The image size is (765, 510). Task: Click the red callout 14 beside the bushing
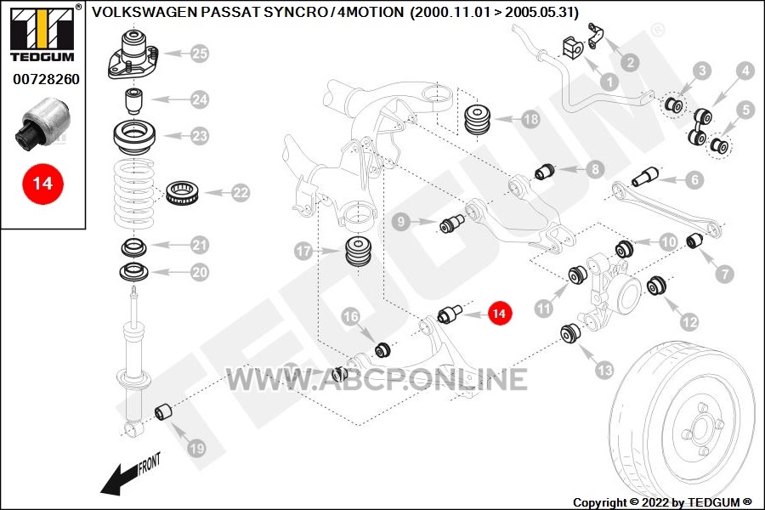(499, 313)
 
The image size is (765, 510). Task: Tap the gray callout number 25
(200, 54)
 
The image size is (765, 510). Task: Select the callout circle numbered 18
(530, 119)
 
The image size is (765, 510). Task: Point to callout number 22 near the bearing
(241, 193)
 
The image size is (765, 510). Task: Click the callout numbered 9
(401, 222)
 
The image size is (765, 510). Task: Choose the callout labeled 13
(604, 371)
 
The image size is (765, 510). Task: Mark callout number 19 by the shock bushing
(196, 448)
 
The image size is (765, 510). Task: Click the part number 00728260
(47, 79)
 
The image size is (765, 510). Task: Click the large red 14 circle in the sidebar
(42, 184)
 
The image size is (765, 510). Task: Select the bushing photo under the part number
(43, 122)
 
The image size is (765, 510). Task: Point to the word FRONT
(150, 464)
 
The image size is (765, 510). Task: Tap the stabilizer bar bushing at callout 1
(573, 47)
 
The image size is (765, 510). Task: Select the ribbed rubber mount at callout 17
(359, 252)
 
